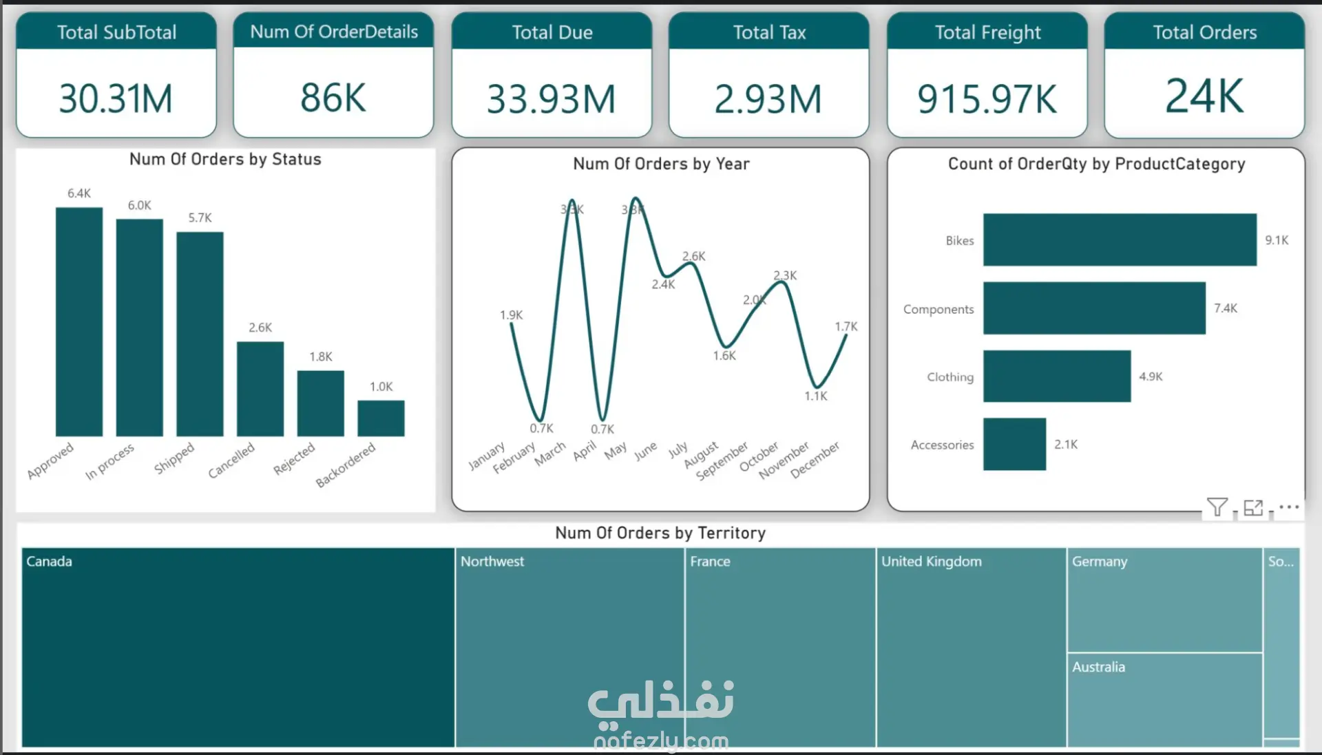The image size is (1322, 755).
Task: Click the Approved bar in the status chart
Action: point(79,321)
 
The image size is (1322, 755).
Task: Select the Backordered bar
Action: point(381,418)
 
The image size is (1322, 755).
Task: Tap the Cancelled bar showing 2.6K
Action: point(260,388)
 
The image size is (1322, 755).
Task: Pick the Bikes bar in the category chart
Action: point(1120,240)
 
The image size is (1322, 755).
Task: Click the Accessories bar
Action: point(1014,445)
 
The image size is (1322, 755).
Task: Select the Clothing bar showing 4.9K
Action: point(1056,376)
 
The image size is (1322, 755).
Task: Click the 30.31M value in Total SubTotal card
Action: point(116,98)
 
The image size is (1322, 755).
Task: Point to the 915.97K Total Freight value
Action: point(987,99)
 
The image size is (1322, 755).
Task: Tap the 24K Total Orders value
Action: point(1204,96)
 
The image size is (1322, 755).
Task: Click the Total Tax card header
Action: point(769,32)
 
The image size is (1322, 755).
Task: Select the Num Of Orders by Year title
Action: point(661,164)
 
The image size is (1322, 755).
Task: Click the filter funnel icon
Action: point(1217,507)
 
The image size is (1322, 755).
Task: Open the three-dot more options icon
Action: point(1289,507)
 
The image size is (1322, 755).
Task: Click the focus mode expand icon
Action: point(1253,507)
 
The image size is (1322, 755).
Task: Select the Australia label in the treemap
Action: point(1098,667)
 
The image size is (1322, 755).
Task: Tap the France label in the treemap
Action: point(710,562)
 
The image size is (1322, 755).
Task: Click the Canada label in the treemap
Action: point(49,562)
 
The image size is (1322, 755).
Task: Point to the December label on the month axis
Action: point(816,459)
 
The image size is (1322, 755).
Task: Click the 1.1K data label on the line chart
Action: point(816,396)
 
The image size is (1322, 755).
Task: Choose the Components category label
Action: point(938,310)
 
